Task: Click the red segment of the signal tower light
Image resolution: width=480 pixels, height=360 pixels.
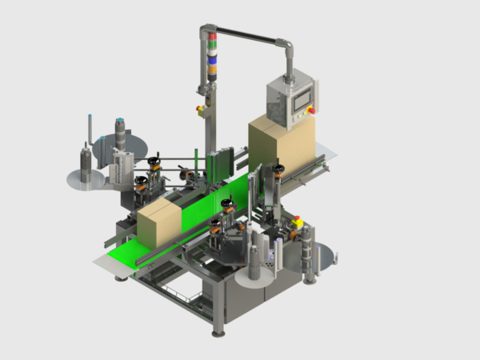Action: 212,36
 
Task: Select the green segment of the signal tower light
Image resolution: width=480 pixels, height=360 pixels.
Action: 212,46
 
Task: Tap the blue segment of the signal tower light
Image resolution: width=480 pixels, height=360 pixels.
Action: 212,58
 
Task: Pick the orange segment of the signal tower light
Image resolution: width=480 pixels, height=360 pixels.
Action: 212,68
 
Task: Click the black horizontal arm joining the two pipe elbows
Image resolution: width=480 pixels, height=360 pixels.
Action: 248,34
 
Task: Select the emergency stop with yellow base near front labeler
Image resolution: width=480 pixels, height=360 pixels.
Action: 298,221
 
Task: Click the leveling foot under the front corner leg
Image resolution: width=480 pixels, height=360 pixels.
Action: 218,331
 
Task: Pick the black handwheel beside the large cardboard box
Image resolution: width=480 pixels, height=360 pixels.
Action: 278,168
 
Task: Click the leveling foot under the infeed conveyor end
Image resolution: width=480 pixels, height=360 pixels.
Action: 120,277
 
